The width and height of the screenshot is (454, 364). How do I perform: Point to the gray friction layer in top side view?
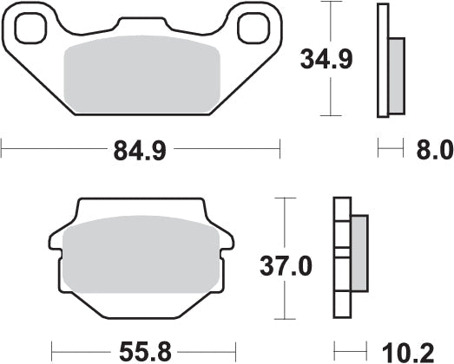point(396,77)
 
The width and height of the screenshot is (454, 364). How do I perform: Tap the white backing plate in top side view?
point(382,61)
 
